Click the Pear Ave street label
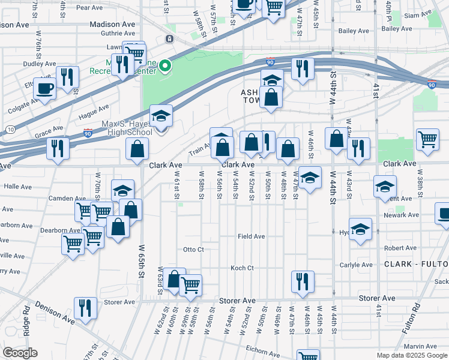coord(90,8)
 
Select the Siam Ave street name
coord(418,15)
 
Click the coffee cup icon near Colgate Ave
coord(44,89)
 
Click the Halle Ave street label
coord(17,187)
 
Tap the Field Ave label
coord(251,236)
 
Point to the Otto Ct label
coord(193,249)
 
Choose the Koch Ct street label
coord(243,268)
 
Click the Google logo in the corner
coord(20,353)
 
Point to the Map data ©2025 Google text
coord(411,355)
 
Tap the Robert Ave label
coord(400,248)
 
